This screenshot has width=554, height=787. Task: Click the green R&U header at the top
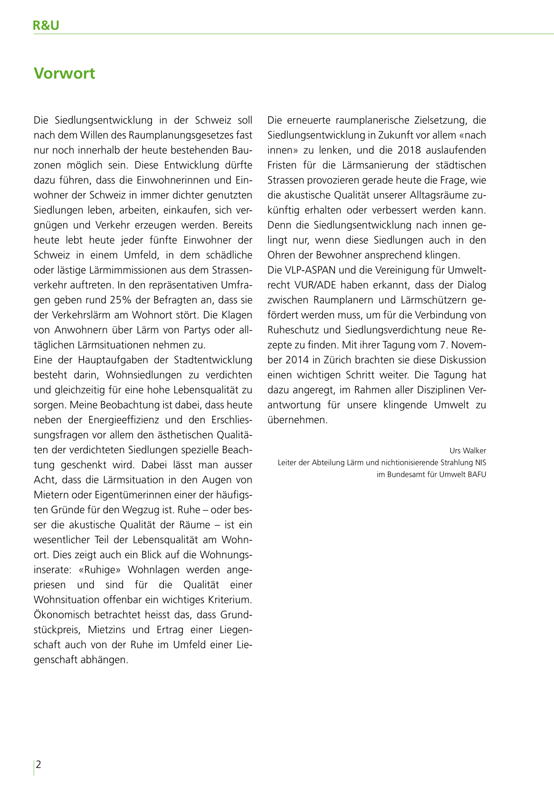point(46,26)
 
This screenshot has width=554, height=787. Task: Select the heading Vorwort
point(65,74)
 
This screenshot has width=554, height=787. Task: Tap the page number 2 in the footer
point(38,764)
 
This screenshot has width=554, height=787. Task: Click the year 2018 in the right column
point(409,150)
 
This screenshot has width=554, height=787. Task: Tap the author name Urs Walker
point(468,451)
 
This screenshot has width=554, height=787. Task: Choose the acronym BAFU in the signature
point(477,474)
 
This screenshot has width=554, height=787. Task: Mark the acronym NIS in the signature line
point(480,462)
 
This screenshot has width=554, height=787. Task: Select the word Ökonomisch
point(62,615)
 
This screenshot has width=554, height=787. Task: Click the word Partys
point(204,330)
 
